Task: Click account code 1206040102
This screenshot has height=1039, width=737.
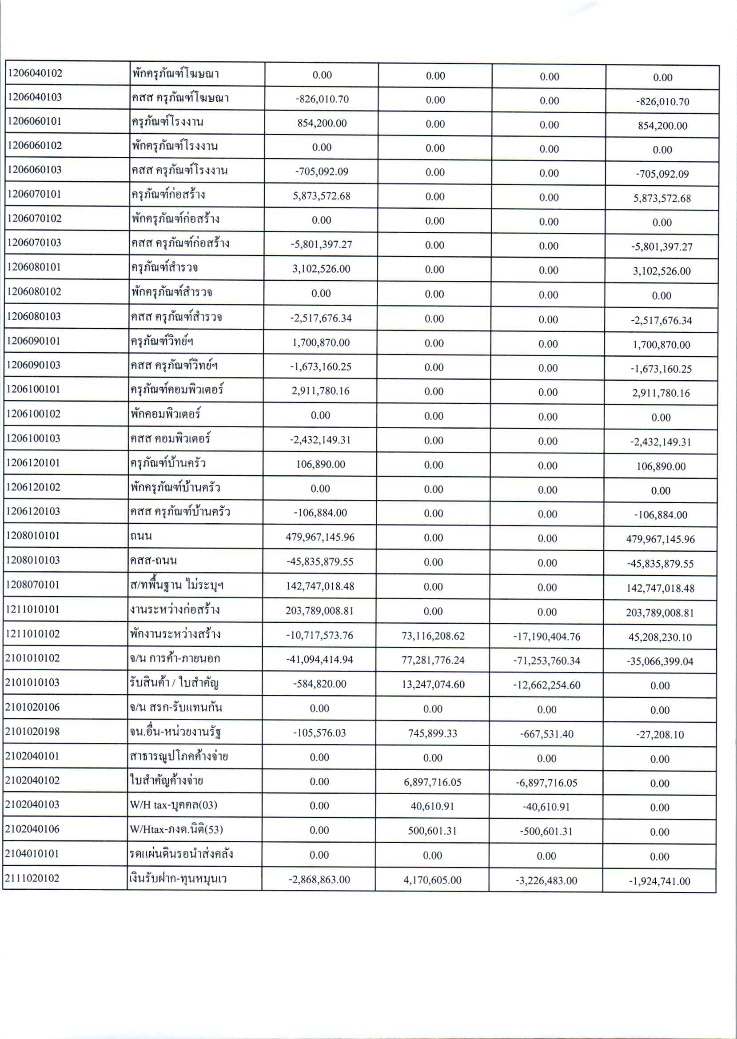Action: tap(35, 73)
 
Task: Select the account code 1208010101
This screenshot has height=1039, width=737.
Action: tap(33, 535)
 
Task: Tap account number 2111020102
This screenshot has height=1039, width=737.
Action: tap(32, 878)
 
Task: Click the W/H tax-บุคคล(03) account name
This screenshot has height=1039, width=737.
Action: tap(173, 805)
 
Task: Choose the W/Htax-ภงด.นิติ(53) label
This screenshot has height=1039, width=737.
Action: tap(176, 829)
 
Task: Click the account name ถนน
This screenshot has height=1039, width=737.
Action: tap(141, 536)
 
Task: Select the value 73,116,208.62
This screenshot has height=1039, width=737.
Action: tap(433, 636)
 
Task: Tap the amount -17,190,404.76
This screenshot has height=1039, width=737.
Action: tap(547, 637)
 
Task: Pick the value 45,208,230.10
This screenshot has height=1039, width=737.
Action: tap(660, 637)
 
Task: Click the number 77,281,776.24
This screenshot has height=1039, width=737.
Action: tap(433, 660)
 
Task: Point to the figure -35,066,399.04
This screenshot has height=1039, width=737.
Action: tap(660, 661)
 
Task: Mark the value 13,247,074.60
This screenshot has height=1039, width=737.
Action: tap(433, 684)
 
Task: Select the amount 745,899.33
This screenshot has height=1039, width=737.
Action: tap(433, 733)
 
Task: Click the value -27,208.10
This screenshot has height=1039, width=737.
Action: tap(659, 735)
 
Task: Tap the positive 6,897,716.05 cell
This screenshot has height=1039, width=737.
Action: tap(433, 782)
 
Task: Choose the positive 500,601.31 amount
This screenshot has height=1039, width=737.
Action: tap(432, 831)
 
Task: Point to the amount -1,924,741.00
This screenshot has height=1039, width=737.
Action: tap(659, 881)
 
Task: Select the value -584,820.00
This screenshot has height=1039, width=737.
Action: tap(319, 684)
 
